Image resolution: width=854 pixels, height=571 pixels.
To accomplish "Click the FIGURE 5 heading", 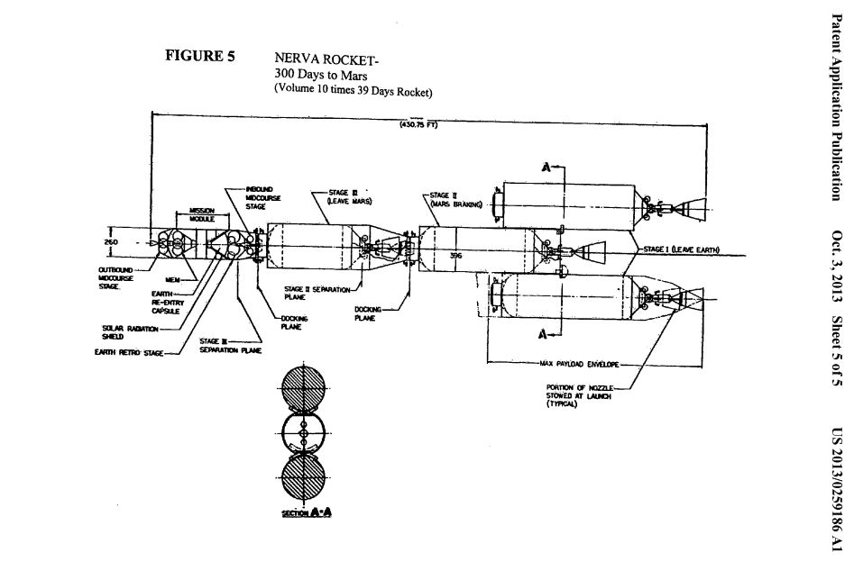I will click(x=199, y=56).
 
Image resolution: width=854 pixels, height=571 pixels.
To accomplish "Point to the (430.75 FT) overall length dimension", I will click(x=418, y=124).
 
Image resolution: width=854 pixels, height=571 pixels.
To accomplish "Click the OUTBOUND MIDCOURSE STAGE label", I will click(x=116, y=276).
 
